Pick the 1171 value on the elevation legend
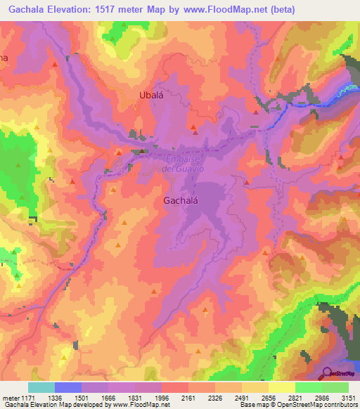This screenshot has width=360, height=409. click(x=29, y=398)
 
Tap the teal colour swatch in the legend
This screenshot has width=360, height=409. click(x=41, y=387)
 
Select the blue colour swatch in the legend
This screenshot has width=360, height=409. click(x=68, y=387)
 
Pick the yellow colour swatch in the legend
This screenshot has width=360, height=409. click(x=281, y=387)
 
